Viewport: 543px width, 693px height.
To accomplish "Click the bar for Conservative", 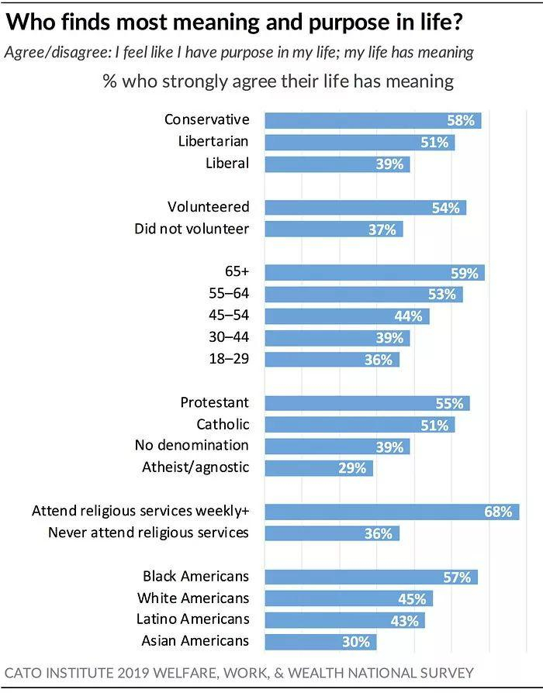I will pyautogui.click(x=372, y=120).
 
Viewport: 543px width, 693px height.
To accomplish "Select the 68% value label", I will pyautogui.click(x=499, y=512).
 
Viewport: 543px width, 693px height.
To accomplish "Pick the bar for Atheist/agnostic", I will pyautogui.click(x=319, y=468).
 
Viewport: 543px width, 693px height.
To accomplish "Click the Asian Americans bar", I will pyautogui.click(x=320, y=642).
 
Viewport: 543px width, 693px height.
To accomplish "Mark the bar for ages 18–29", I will pyautogui.click(x=332, y=360).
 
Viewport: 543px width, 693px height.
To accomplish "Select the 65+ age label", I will pyautogui.click(x=236, y=271).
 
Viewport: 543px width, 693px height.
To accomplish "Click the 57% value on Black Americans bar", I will pyautogui.click(x=458, y=577).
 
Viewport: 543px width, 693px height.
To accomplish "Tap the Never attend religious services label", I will pyautogui.click(x=148, y=533).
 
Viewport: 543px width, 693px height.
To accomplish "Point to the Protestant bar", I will pyautogui.click(x=367, y=403).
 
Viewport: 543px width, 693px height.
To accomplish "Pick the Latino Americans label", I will pyautogui.click(x=194, y=619).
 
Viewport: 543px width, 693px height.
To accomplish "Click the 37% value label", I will pyautogui.click(x=382, y=229).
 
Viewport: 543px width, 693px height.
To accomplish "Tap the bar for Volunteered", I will pyautogui.click(x=365, y=207).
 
